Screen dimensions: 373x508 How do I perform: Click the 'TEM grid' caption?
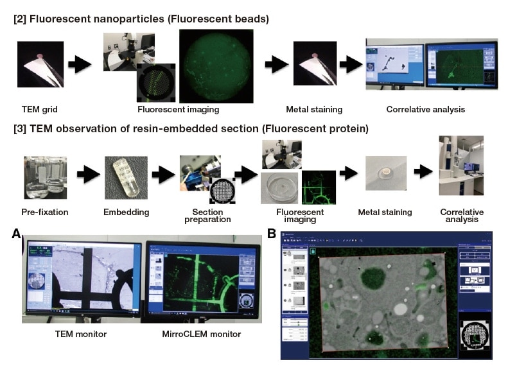click(x=40, y=109)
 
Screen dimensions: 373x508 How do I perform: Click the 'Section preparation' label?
click(x=200, y=216)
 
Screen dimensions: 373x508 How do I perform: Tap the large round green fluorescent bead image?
click(x=213, y=67)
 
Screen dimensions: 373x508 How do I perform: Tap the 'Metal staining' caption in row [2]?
click(x=311, y=109)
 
